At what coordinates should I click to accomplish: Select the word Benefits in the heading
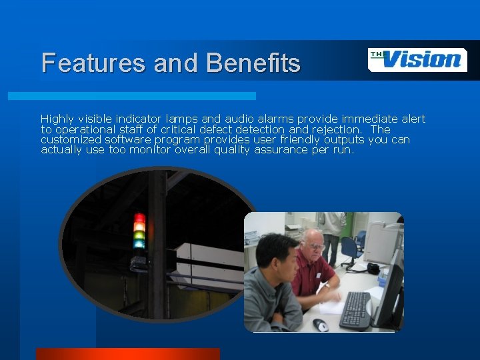click(x=253, y=63)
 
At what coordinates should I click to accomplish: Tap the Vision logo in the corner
click(x=417, y=59)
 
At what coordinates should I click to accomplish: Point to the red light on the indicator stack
click(x=139, y=219)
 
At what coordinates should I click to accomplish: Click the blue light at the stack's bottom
click(x=139, y=244)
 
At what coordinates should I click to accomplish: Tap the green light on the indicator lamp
click(x=139, y=235)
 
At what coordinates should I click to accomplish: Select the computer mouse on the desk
click(x=321, y=325)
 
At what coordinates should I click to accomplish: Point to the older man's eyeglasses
click(x=315, y=246)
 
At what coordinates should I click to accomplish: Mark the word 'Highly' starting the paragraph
click(x=57, y=119)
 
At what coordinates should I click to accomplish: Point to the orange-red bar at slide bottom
click(x=127, y=353)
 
